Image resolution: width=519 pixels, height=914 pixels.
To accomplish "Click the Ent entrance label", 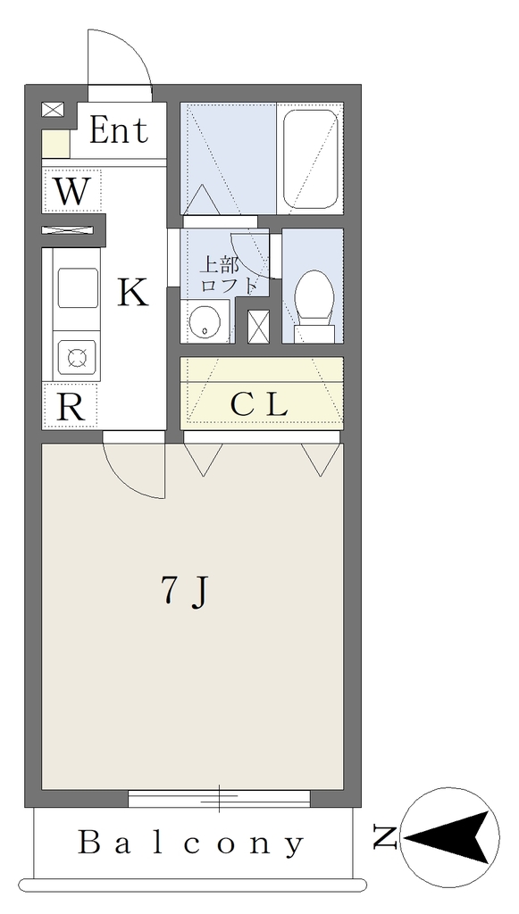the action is [x=119, y=130].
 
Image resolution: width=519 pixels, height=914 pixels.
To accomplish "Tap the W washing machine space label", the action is [x=71, y=191].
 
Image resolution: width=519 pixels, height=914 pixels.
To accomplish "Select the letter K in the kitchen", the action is [x=133, y=293].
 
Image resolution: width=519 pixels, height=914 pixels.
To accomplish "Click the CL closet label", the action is [x=259, y=405].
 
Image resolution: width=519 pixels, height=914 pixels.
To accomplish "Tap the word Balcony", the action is [x=191, y=843].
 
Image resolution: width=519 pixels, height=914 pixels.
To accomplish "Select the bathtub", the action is [x=310, y=159].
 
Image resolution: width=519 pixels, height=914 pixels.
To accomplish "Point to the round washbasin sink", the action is [x=205, y=322].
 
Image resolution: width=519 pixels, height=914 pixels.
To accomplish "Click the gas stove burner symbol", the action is [x=77, y=357].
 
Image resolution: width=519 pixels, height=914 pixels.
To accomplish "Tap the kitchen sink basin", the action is [x=78, y=287].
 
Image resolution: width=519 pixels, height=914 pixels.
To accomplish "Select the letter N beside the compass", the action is [x=386, y=838].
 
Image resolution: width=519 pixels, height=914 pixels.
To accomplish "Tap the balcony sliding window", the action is [x=219, y=798].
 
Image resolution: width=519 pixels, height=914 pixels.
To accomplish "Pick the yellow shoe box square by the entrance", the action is [x=56, y=144].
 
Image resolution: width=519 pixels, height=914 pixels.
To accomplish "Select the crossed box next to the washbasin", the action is [x=259, y=327].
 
